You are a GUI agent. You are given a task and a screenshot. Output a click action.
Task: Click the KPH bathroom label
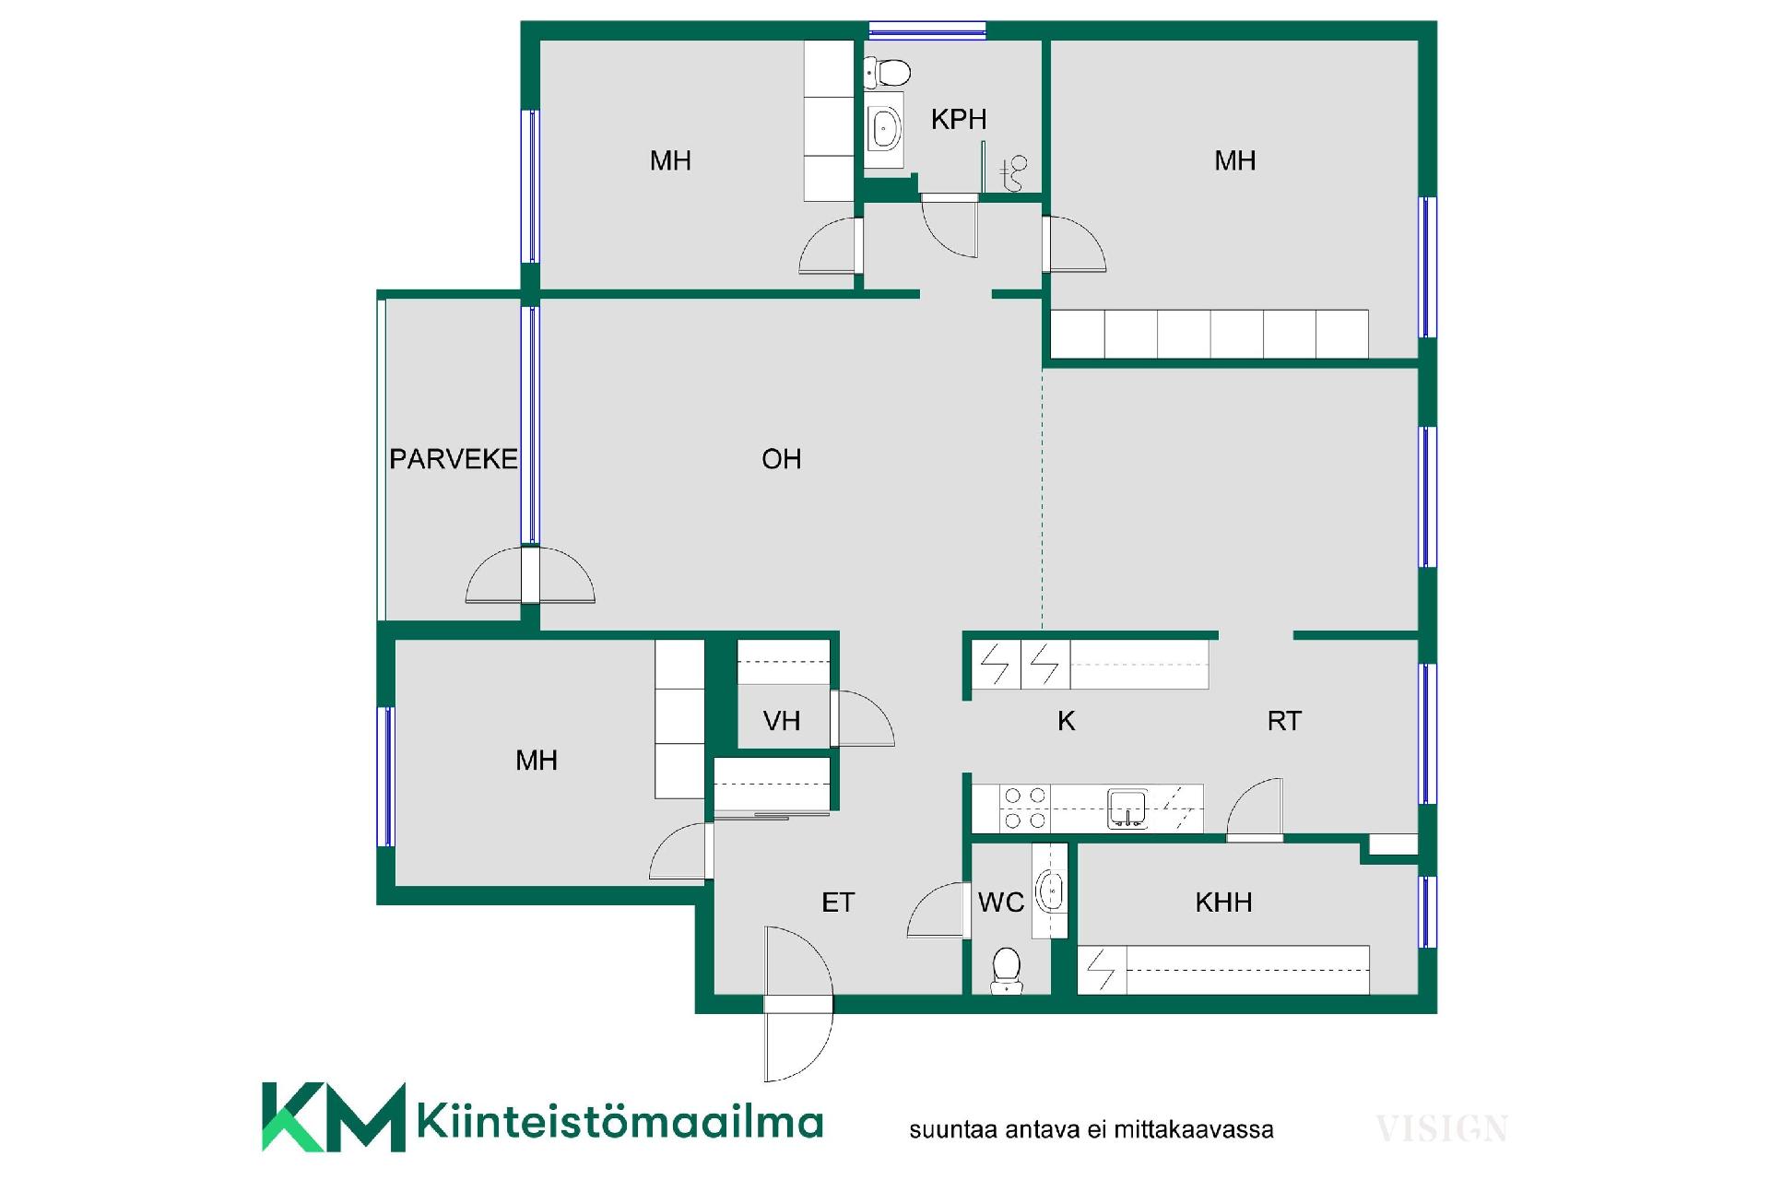click(959, 119)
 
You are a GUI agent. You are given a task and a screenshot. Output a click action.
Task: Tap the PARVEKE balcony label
click(454, 459)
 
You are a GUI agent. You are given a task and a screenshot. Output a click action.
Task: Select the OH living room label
click(782, 459)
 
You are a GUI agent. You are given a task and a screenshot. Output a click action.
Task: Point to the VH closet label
click(782, 721)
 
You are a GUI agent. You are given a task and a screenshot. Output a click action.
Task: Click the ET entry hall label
click(838, 903)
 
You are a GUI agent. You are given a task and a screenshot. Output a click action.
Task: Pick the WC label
click(1001, 903)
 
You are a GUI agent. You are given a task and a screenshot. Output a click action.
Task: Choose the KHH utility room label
click(1223, 903)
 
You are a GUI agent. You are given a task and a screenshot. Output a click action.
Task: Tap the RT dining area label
click(1284, 721)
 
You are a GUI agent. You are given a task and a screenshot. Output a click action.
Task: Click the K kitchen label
click(1067, 721)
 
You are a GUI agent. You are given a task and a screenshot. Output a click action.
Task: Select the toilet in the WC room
click(1007, 971)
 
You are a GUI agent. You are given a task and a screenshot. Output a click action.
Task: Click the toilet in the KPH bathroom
click(887, 71)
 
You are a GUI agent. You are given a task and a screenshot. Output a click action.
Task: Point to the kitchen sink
click(1127, 808)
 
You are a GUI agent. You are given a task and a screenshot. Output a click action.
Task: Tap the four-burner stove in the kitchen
click(1025, 808)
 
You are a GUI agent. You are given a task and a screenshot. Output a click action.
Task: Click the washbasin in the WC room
click(1050, 891)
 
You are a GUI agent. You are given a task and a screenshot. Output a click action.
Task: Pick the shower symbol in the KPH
click(1013, 172)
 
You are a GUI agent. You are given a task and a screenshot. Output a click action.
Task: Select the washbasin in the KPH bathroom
click(885, 128)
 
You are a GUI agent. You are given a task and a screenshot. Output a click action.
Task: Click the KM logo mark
click(334, 1117)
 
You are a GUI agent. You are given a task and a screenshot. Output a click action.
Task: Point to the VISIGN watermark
click(1442, 1128)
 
